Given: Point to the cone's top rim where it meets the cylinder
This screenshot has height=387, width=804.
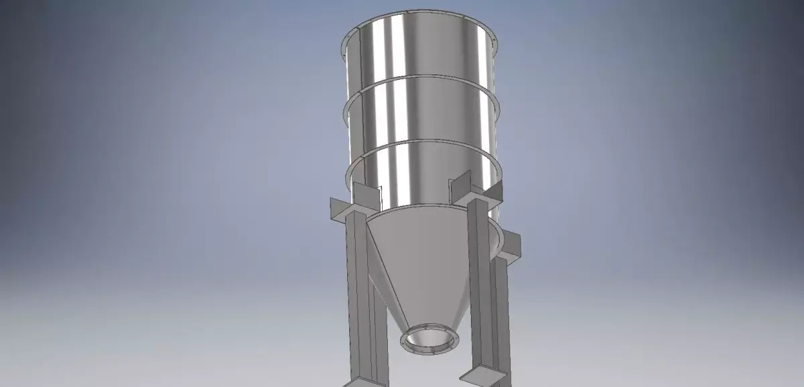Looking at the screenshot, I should point(429,209).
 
